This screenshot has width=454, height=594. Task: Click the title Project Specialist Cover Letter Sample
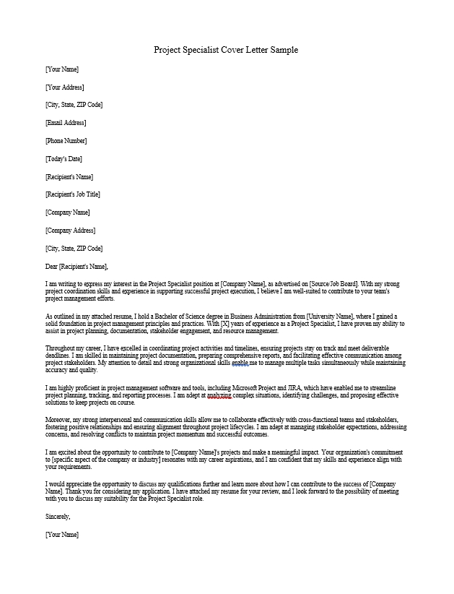226,50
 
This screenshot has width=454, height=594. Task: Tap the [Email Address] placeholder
66,123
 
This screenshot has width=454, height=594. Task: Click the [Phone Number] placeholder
66,141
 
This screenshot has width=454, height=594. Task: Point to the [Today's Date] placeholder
64,159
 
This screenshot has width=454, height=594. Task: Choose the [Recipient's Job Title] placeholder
72,194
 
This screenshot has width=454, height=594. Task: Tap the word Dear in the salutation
51,266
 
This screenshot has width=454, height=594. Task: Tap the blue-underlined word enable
240,363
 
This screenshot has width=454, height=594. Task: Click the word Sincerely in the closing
58,517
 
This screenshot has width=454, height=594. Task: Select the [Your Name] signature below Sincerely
61,535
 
